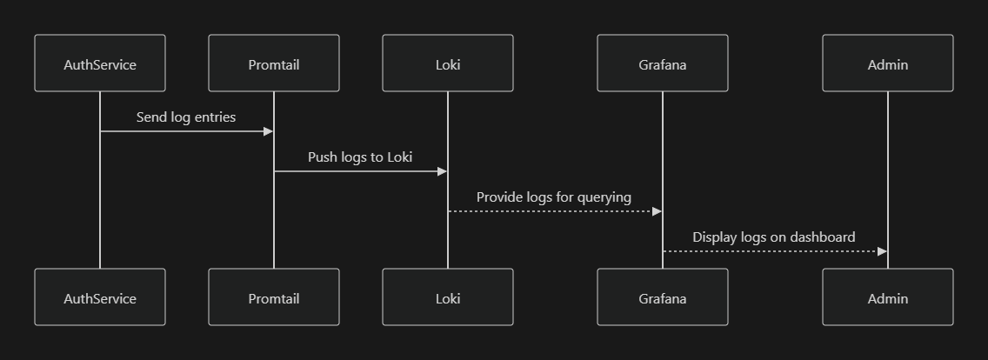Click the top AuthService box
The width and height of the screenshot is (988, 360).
tap(100, 63)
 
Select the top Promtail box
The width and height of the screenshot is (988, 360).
tap(274, 63)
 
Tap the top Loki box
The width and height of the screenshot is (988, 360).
tap(448, 63)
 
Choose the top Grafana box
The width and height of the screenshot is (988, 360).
tap(662, 63)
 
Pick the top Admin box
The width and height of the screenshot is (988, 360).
tap(887, 63)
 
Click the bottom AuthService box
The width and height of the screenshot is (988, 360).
tap(100, 297)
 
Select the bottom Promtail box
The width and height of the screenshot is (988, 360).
tap(274, 297)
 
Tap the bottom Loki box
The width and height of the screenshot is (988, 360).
tap(448, 297)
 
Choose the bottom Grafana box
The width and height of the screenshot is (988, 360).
tap(662, 297)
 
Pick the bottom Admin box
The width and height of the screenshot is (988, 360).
tap(887, 297)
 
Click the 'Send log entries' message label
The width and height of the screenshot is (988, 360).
tap(186, 117)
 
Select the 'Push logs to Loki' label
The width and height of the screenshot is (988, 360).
tap(360, 157)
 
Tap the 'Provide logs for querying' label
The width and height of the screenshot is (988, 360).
tap(554, 197)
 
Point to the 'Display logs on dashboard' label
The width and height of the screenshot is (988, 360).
tap(774, 237)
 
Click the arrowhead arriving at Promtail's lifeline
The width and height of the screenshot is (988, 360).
tap(268, 131)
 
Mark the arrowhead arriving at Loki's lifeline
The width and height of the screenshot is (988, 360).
tap(442, 171)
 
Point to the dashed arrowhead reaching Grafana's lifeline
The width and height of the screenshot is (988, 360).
tap(657, 211)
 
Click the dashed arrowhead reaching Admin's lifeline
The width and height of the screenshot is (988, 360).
tap(882, 251)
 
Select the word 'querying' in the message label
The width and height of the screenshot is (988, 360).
tap(604, 197)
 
